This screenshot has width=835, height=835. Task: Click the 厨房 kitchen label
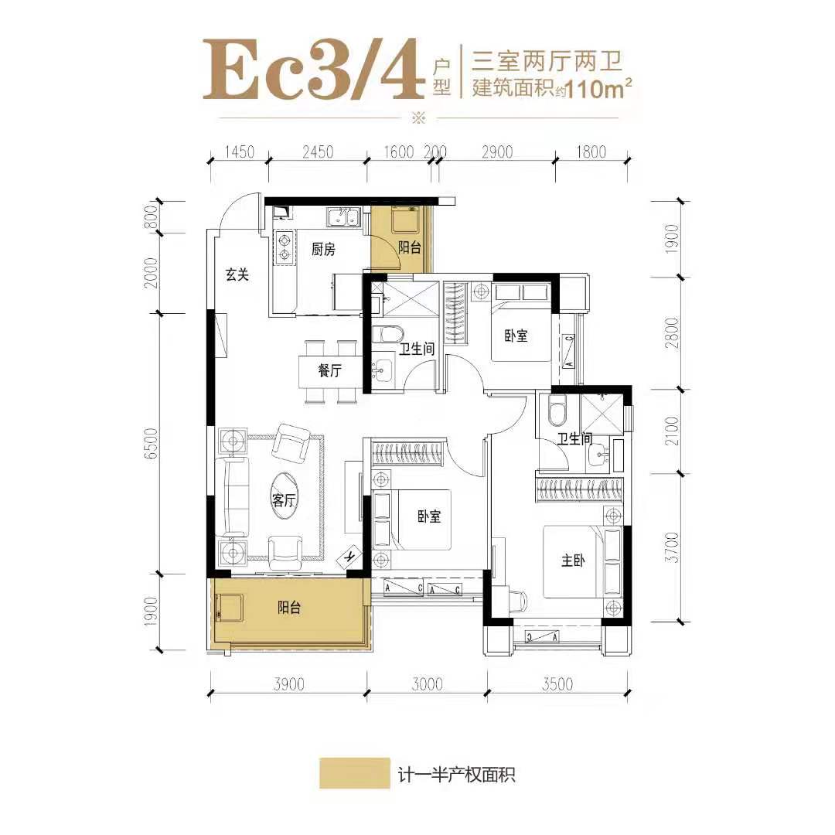(323, 249)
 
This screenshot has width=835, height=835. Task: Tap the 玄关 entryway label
(237, 274)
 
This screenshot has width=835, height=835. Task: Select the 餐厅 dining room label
(329, 370)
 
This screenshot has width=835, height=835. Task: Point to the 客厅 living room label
(283, 500)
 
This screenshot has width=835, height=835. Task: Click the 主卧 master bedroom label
(573, 561)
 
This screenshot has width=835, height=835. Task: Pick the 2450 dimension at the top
(318, 152)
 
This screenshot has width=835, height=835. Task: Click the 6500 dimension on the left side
(152, 444)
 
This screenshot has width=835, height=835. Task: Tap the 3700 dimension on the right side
(673, 547)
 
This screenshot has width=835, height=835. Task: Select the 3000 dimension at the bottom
(427, 683)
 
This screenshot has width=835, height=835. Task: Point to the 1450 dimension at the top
(239, 152)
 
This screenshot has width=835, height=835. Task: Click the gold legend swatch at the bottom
(355, 773)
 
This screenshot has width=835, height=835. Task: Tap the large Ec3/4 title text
(313, 70)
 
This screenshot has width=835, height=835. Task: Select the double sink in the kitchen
(344, 218)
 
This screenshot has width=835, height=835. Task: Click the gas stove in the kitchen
(284, 247)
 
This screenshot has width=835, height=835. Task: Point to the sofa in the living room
(232, 497)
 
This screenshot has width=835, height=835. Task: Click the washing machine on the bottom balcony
(229, 608)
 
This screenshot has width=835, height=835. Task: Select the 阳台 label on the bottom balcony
(289, 608)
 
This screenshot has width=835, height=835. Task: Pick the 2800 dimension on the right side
(673, 332)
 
